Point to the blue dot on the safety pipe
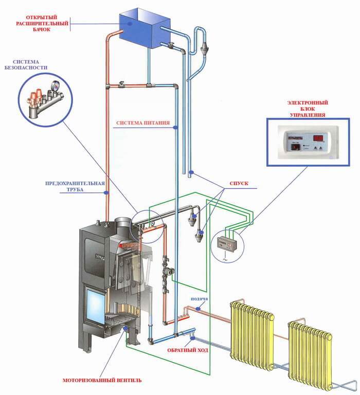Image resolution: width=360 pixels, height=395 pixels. (107, 192)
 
